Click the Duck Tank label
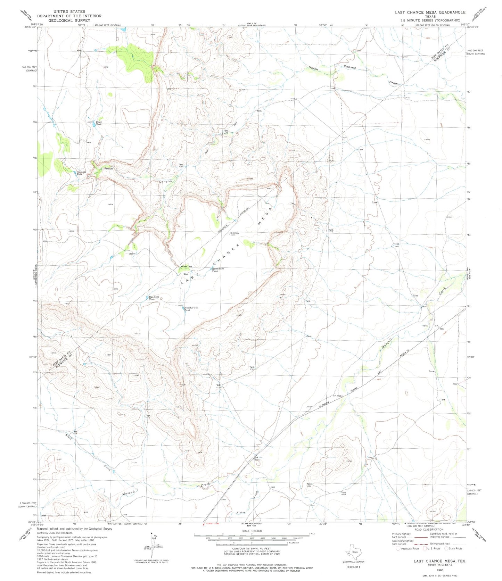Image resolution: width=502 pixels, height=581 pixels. click(99, 123)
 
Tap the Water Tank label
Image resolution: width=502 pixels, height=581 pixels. click(187, 267)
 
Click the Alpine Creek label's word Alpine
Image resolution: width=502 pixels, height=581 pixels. click(241, 513)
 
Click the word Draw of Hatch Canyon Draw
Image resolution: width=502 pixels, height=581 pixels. click(393, 83)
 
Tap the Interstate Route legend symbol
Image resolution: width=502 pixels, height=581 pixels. click(398, 549)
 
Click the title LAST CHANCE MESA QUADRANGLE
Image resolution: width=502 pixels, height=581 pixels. click(430, 12)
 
